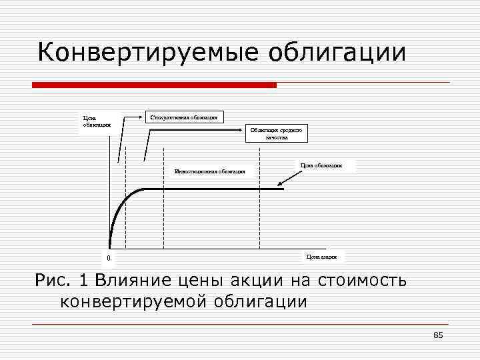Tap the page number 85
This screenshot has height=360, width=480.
[437, 335]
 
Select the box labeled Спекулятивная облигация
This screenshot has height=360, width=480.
[185, 117]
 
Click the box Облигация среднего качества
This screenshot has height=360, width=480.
[277, 134]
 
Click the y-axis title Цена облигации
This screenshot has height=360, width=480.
[91, 123]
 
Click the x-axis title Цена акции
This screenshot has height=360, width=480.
[321, 256]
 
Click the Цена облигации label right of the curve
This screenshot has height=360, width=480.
[321, 165]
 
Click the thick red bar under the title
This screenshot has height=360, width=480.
[154, 85]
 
